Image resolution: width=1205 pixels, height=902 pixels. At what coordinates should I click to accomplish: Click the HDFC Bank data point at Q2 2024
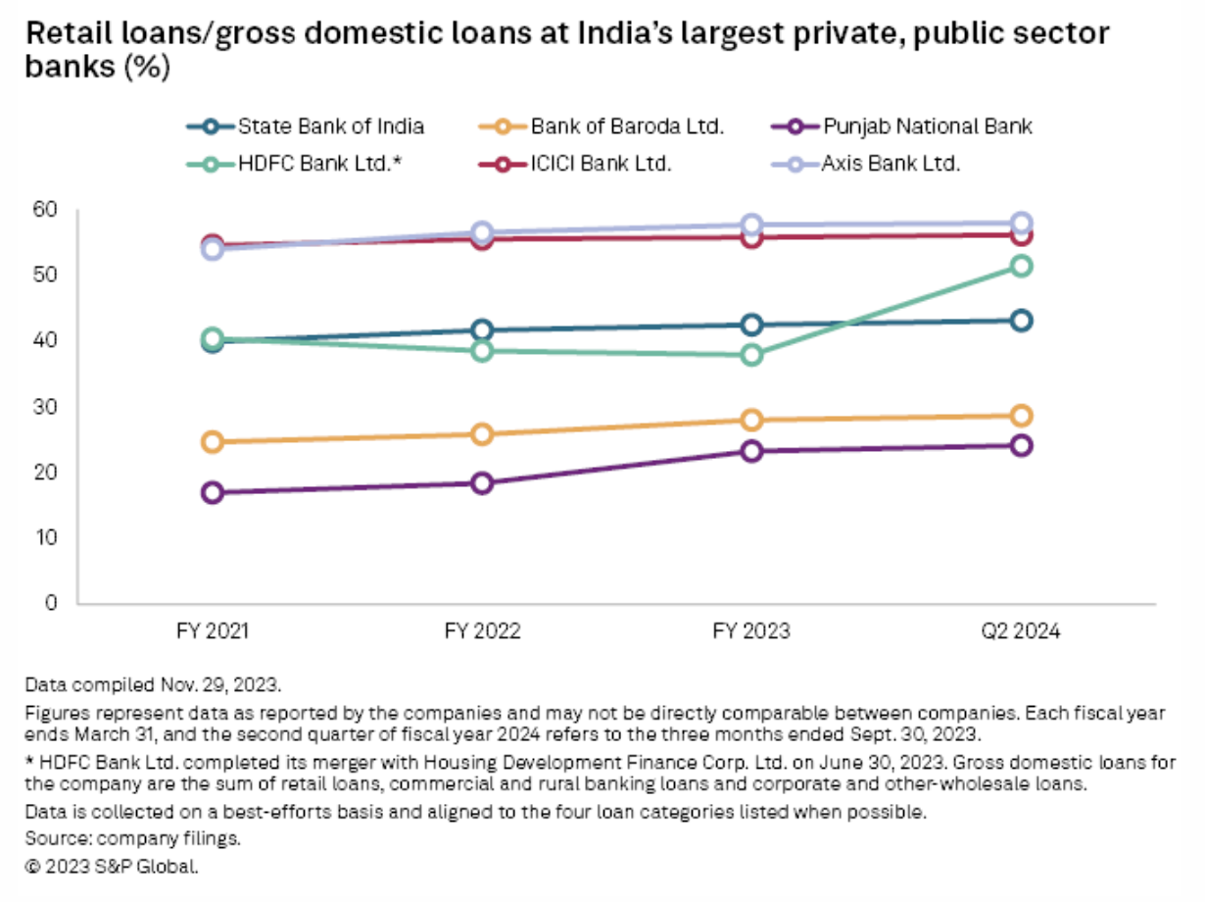[1021, 266]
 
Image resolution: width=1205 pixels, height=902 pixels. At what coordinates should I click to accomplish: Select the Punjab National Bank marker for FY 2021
[212, 492]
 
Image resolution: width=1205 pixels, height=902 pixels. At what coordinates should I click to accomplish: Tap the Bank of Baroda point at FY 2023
[751, 420]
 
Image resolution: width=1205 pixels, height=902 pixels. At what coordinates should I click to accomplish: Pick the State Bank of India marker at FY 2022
[481, 329]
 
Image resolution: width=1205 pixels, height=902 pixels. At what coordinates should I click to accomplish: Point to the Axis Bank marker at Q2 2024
[1021, 223]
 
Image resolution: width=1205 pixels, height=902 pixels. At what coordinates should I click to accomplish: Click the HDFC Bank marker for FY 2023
[751, 355]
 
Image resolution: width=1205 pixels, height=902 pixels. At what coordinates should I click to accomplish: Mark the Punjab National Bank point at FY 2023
[751, 451]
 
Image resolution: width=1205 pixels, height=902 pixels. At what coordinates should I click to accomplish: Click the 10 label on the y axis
[47, 537]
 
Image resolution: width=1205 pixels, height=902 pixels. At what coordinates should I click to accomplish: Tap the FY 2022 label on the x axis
[481, 632]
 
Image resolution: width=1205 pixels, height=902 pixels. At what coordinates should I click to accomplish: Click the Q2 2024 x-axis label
[1021, 632]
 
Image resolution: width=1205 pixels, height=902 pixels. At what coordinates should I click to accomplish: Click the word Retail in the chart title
[64, 35]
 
